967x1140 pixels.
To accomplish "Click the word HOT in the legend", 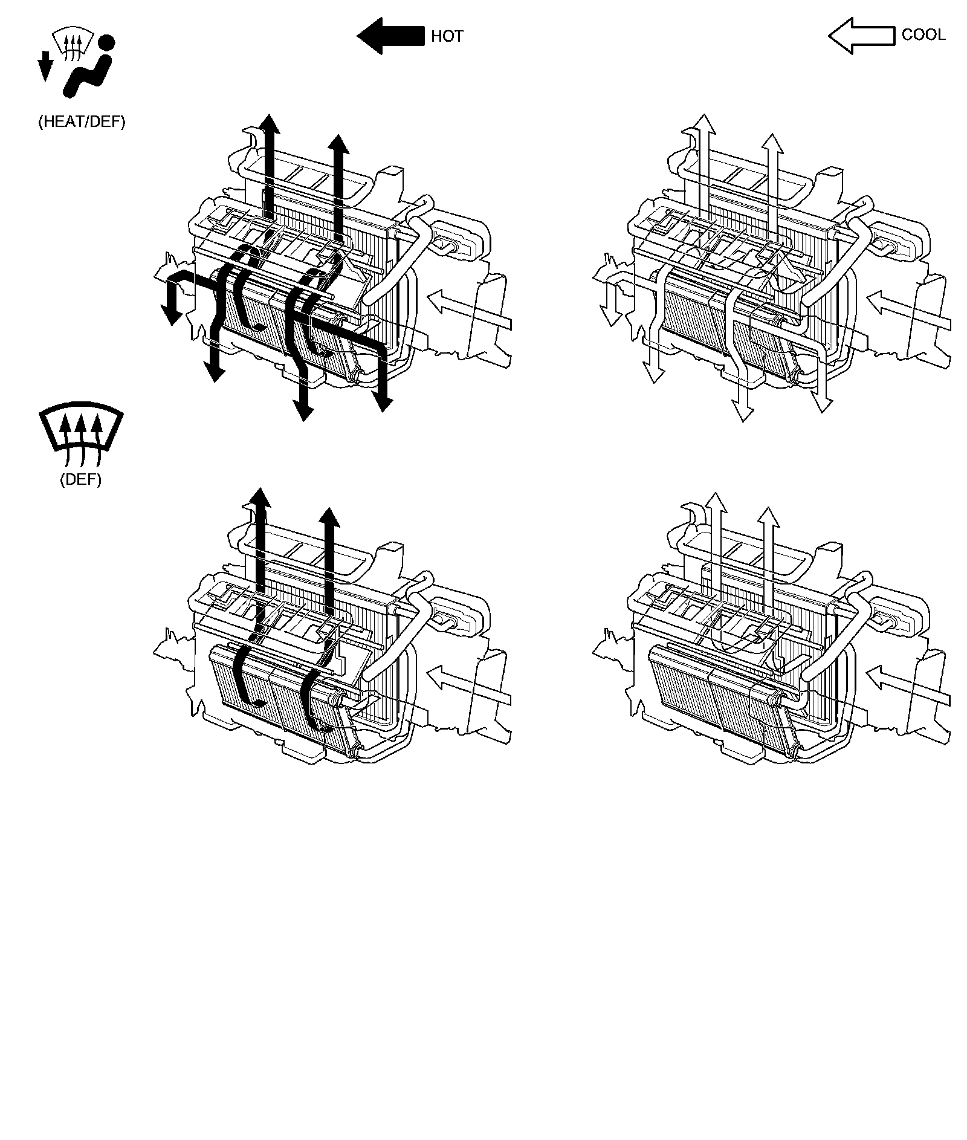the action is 447,36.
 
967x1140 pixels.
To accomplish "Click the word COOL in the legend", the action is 923,35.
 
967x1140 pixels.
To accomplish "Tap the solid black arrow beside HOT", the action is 390,36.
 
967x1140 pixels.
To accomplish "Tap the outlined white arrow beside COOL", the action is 861,36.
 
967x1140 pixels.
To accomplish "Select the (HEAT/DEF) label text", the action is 82,122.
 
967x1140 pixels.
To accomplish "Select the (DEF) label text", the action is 81,480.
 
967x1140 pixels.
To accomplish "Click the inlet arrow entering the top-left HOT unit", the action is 469,310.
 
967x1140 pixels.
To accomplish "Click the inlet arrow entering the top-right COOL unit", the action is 908,310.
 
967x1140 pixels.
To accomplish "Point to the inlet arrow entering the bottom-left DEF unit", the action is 469,685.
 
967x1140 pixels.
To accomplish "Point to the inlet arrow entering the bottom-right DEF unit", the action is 908,685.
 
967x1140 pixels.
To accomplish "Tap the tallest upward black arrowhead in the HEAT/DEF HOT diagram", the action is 270,123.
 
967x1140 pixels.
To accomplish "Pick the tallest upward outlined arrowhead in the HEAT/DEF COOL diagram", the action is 705,124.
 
